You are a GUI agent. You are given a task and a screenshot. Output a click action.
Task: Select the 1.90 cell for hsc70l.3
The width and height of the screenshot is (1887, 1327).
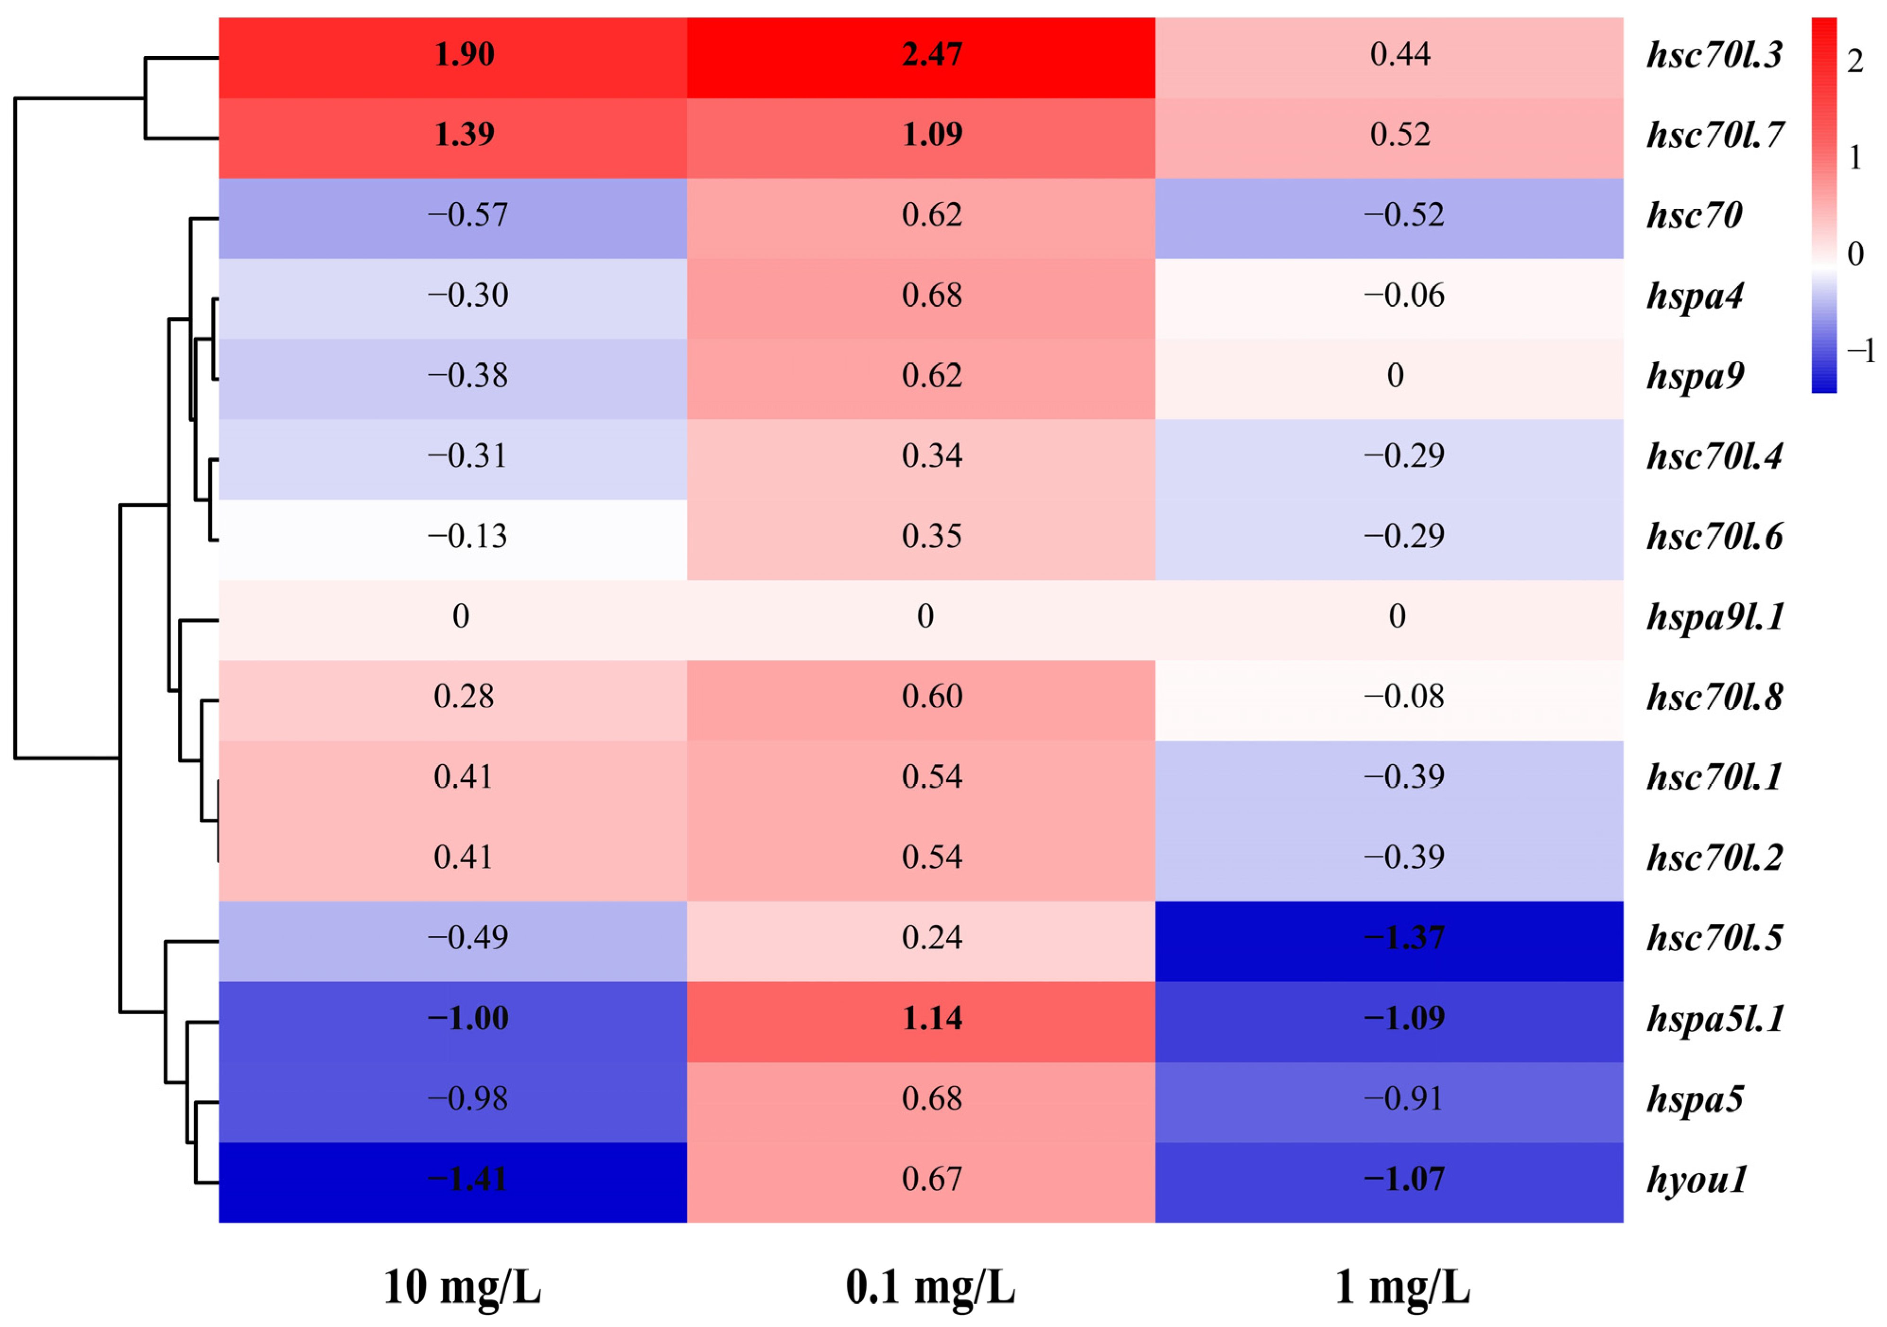(464, 54)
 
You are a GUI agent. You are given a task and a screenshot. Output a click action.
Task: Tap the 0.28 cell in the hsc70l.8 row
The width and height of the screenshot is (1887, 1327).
(464, 696)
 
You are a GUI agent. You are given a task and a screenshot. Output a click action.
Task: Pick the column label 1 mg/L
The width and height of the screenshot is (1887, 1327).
(1402, 1287)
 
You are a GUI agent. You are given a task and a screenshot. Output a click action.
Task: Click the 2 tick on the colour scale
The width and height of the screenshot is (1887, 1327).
(1855, 62)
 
